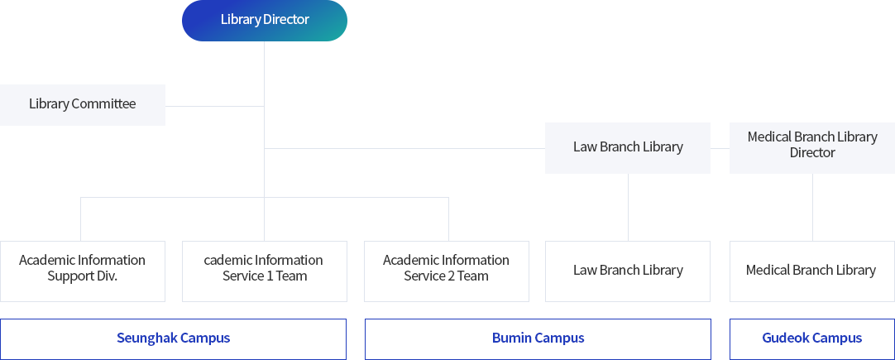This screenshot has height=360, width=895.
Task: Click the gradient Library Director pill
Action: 264,21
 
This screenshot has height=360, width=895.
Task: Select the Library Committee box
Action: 82,104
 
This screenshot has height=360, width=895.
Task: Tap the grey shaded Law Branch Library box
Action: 628,147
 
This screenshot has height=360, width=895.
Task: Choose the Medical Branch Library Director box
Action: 812,147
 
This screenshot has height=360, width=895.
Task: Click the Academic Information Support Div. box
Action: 82,271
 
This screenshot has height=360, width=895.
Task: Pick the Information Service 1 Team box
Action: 264,271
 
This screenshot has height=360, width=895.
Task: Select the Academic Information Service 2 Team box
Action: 447,271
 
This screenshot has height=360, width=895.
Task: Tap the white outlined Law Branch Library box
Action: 628,271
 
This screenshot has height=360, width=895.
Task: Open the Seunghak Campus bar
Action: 173,338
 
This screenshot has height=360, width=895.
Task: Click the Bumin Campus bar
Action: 538,338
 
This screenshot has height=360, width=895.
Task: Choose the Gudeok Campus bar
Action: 812,338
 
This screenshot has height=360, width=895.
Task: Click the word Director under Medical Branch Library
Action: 812,152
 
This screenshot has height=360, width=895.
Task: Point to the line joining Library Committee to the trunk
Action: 214,106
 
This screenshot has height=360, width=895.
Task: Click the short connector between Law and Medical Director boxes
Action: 720,148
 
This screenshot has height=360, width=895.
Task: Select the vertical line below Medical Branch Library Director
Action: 813,207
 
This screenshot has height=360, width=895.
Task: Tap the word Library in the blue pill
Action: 241,19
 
